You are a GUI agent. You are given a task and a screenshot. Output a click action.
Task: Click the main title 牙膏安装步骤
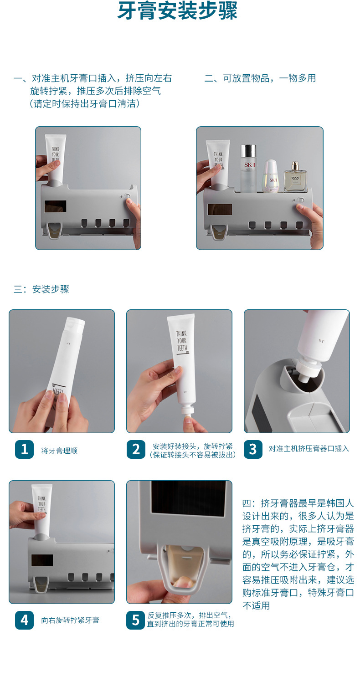point(178,11)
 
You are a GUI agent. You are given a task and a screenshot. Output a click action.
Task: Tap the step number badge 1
point(24,450)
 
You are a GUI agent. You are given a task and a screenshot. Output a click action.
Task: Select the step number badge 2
point(136,450)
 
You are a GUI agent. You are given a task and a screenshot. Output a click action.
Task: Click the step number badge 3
point(253,450)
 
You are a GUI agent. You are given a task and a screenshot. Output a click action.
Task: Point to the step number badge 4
point(24,620)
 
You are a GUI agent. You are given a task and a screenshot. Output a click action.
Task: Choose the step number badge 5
point(136,620)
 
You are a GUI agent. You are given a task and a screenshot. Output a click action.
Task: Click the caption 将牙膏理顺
point(59,451)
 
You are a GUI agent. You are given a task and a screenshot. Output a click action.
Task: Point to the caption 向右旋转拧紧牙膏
point(70,620)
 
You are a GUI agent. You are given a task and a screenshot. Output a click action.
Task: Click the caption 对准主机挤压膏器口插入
point(309,448)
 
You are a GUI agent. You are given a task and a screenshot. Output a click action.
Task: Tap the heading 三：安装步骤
point(41,289)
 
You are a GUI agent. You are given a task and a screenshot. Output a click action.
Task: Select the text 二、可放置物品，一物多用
point(260,78)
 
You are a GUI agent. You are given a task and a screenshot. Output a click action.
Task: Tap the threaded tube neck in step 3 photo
point(308,369)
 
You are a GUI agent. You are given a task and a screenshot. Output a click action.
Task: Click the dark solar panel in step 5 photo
point(188,498)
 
